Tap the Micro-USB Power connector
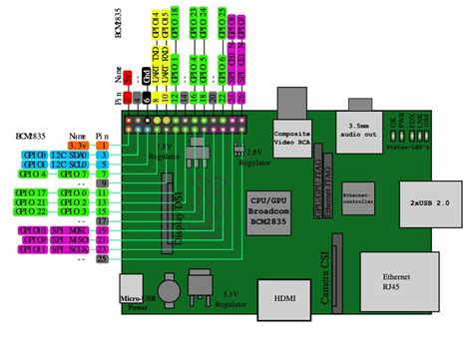pos(132,289)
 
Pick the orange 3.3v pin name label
pos(77,146)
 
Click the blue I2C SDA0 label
pos(77,157)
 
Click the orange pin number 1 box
pos(103,146)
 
